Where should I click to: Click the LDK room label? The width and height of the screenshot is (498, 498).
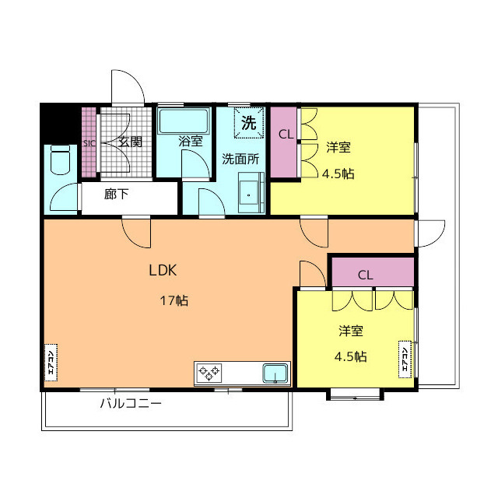163,270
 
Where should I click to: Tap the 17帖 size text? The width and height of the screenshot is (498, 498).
174,300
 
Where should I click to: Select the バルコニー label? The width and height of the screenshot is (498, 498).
131,404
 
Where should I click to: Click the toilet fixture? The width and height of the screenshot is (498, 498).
61,160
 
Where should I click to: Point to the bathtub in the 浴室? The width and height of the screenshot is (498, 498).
184,121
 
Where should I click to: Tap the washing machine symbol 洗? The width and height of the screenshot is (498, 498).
249,123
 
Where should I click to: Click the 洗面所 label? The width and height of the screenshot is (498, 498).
240,159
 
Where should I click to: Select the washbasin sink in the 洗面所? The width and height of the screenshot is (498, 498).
251,193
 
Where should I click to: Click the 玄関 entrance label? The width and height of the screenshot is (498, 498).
130,142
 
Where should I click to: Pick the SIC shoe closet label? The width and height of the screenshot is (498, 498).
89,143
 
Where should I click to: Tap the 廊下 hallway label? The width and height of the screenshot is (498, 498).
116,194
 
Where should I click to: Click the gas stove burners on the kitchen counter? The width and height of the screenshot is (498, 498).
209,373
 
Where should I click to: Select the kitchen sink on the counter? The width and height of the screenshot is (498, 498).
275,373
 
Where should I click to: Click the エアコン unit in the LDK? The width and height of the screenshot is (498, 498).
51,363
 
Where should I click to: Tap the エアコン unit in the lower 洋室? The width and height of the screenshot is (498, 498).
405,359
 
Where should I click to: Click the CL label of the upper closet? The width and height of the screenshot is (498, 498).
286,135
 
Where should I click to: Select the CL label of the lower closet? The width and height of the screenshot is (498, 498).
365,275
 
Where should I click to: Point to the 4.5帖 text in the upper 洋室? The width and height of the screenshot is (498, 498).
338,174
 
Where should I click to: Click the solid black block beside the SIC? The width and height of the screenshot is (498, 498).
59,124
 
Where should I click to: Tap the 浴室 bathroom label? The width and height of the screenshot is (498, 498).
190,142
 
